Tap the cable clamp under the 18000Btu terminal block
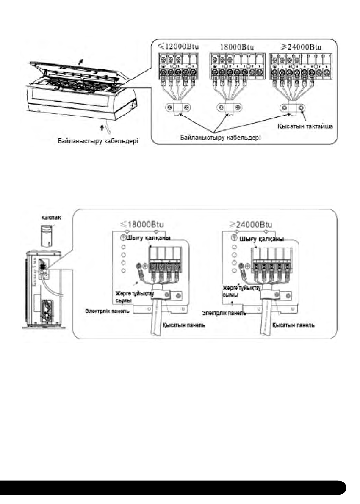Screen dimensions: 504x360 [227, 107]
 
